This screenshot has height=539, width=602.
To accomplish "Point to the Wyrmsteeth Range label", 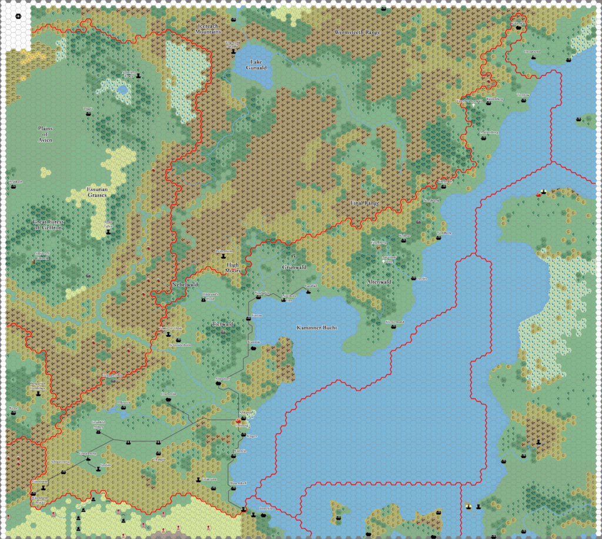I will click(357, 33).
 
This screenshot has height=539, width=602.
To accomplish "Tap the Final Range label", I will click(364, 203).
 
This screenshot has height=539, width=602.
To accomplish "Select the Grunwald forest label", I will click(294, 267).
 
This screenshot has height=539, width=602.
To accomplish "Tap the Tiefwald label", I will click(223, 324).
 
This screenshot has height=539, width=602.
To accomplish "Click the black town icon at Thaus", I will click(89, 114).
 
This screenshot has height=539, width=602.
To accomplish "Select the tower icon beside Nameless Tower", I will click(139, 76).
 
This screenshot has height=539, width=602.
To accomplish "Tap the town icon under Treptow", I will click(523, 100).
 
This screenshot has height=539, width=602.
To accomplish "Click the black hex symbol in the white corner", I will click(18, 15).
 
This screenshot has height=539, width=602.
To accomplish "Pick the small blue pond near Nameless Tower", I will click(122, 90).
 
